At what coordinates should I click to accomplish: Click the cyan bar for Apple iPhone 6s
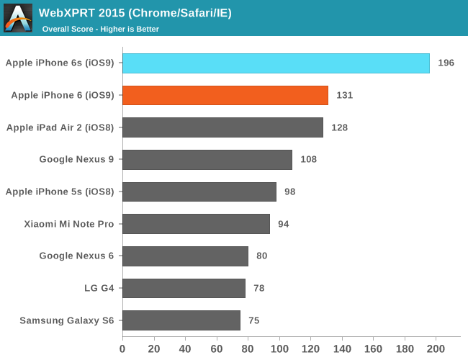tap(276, 63)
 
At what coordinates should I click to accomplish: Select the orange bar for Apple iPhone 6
tap(225, 95)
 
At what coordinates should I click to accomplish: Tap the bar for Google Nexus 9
tap(207, 159)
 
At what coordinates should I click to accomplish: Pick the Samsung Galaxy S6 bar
tap(181, 320)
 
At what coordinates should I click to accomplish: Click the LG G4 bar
tap(184, 288)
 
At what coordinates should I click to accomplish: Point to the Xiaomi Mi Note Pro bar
tap(196, 224)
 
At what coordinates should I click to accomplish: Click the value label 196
tap(446, 63)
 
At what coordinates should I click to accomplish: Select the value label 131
tap(344, 95)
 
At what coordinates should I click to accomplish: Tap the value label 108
tap(308, 159)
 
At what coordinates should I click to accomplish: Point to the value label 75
tap(253, 320)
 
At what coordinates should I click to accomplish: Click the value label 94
tap(283, 224)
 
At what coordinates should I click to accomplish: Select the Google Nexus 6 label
tap(78, 256)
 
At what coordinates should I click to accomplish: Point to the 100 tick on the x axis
tap(279, 348)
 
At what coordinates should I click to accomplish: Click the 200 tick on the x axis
tap(436, 348)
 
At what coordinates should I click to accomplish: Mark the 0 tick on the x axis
tap(122, 348)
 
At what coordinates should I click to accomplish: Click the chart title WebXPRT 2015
tap(135, 13)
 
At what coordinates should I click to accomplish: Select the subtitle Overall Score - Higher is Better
tap(101, 29)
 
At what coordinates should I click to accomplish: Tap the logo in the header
tap(18, 17)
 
